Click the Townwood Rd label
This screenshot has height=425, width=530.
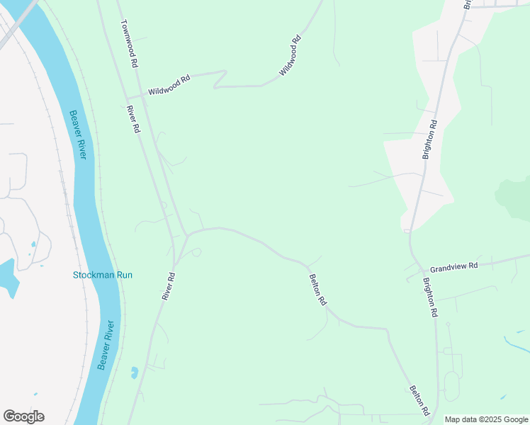tap(128, 43)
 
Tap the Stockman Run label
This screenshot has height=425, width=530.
tap(103, 275)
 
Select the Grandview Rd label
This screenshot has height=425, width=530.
tap(454, 266)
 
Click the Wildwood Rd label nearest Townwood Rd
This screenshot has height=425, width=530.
tap(169, 86)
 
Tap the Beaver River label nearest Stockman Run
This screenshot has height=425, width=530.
tap(106, 345)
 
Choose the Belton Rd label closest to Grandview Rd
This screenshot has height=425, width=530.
tap(317, 290)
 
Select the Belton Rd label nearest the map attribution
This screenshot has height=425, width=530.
tap(419, 401)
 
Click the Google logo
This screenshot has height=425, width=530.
tap(23, 416)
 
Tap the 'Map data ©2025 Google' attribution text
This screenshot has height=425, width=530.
tap(486, 419)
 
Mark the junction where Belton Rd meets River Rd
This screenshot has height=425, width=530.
tap(186, 234)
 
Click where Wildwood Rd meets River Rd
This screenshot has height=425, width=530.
tap(128, 97)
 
